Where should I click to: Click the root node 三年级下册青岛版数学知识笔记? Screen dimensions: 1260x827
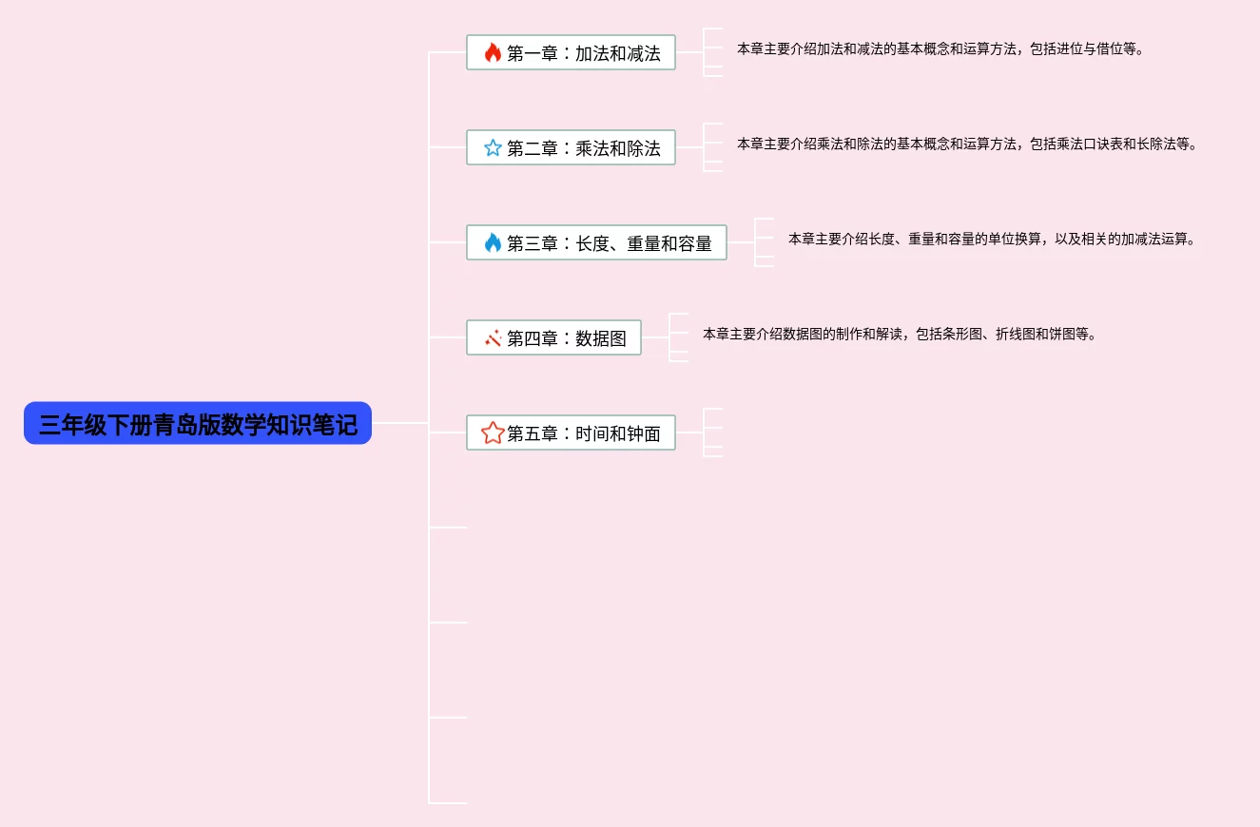pos(197,424)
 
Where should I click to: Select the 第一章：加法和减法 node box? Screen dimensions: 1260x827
pos(571,53)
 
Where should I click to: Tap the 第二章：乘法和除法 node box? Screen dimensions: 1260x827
pos(571,148)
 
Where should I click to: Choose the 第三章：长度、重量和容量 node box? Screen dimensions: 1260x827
pos(596,243)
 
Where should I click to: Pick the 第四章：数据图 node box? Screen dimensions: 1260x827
pos(553,338)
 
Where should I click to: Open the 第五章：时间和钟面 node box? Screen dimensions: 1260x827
pos(571,433)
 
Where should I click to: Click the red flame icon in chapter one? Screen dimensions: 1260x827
pos(493,53)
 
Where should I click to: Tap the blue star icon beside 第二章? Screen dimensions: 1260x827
pos(493,148)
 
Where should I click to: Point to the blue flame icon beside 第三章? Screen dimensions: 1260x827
pos(493,243)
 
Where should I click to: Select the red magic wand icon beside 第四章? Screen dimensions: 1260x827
pos(493,338)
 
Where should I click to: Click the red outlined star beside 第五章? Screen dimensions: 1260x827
pos(493,433)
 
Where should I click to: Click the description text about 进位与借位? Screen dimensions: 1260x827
pos(940,48)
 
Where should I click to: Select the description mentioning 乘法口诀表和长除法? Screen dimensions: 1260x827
pos(966,144)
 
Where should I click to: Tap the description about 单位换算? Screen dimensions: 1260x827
pos(991,239)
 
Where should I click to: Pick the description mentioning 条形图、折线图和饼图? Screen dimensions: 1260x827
pos(899,334)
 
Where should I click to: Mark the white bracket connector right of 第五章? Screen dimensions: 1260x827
pos(712,433)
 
